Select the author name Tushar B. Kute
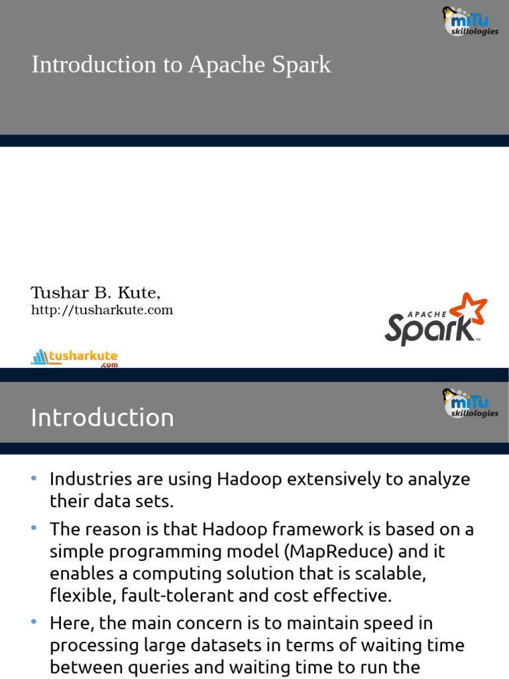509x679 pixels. [x=96, y=292]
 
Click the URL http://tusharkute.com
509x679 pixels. [x=102, y=310]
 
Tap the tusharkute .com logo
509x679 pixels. [x=74, y=358]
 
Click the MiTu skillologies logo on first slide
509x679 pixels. [x=470, y=21]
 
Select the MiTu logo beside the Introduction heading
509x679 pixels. [x=470, y=403]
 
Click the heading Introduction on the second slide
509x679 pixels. [x=103, y=418]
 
